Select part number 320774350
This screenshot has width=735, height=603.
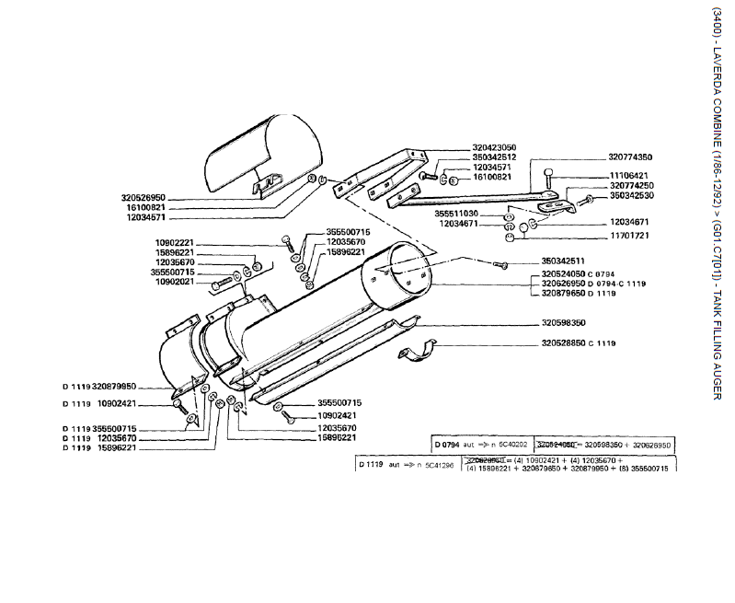(x=629, y=157)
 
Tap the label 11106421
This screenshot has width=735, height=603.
(x=629, y=175)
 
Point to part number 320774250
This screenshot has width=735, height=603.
(x=631, y=185)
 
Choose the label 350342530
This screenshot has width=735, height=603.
(x=631, y=195)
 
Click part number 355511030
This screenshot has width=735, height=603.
(x=456, y=214)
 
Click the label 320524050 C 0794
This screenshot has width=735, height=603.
(x=577, y=274)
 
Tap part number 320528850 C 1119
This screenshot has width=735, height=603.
(x=578, y=342)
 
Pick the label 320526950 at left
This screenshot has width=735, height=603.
(x=143, y=197)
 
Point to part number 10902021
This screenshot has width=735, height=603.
(x=174, y=282)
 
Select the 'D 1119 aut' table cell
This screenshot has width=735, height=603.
(x=406, y=465)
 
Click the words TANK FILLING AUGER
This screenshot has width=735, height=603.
(x=717, y=345)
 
